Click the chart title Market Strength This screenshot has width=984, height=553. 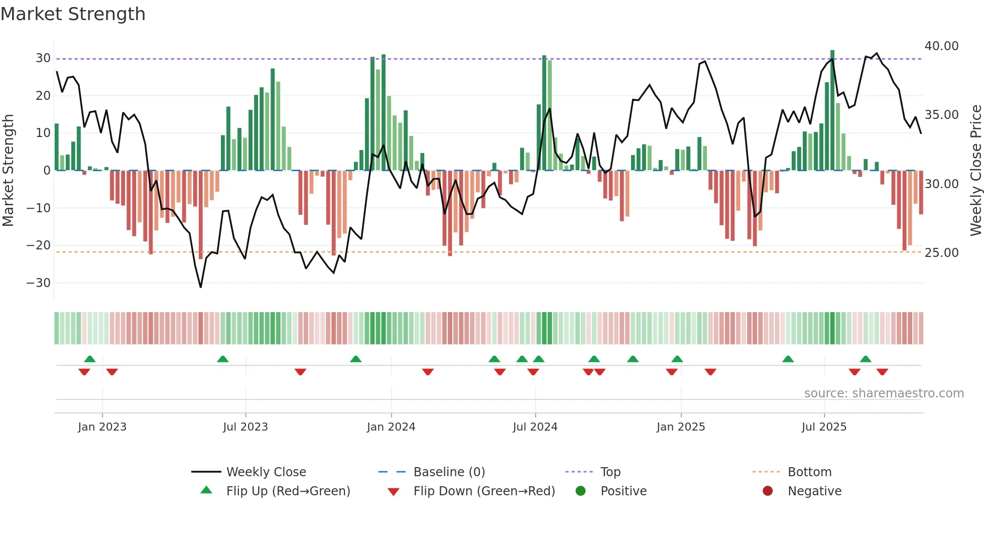(x=73, y=14)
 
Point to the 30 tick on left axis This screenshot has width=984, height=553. (x=43, y=58)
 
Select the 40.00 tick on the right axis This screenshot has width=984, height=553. (x=941, y=46)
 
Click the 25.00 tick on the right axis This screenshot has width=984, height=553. (x=941, y=253)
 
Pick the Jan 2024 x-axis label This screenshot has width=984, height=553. (x=391, y=427)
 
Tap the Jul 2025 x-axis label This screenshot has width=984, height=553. (x=824, y=427)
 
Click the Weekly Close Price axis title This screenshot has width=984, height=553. (x=975, y=171)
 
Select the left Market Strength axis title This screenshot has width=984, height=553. (x=8, y=171)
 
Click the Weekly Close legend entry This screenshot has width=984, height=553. (x=266, y=472)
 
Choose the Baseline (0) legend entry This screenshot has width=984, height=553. (x=449, y=472)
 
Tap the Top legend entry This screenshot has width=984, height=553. (x=610, y=472)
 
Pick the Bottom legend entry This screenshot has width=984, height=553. (x=809, y=472)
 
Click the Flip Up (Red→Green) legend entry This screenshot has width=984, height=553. (x=288, y=491)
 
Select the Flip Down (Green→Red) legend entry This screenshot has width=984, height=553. (x=484, y=491)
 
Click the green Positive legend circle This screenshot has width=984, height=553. (x=580, y=491)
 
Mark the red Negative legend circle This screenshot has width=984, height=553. (x=768, y=491)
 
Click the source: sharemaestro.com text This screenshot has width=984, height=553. (x=884, y=393)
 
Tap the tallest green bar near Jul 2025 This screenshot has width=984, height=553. (x=832, y=110)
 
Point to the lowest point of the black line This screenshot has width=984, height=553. (x=201, y=287)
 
